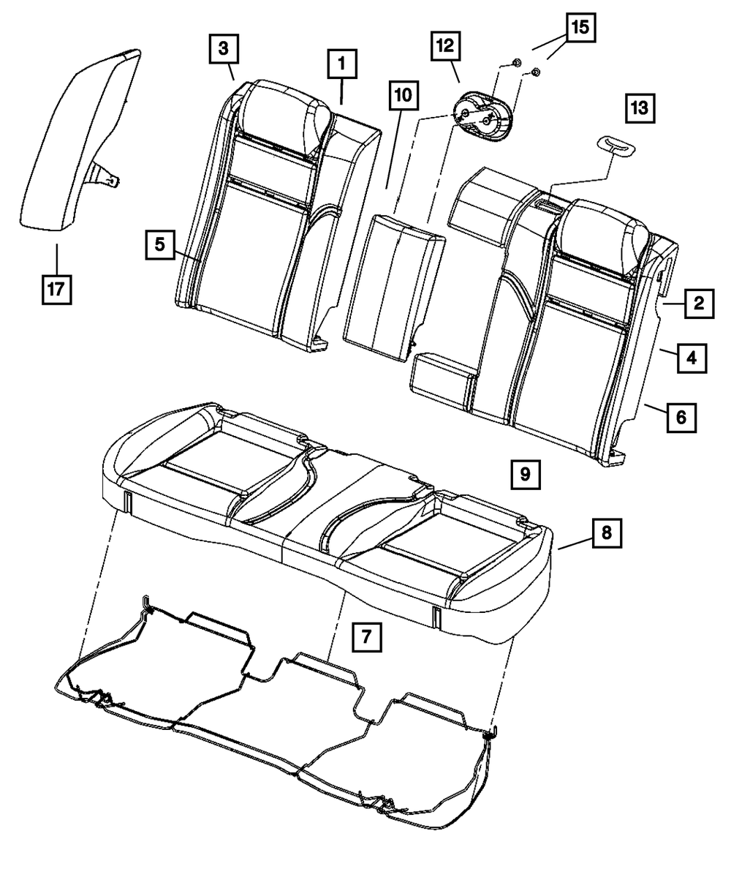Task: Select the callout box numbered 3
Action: point(222,49)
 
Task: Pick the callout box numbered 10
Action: point(404,97)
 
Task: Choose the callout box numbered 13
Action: point(639,109)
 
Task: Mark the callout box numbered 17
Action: point(56,289)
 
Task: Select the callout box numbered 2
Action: point(699,302)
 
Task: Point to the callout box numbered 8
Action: point(607,533)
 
